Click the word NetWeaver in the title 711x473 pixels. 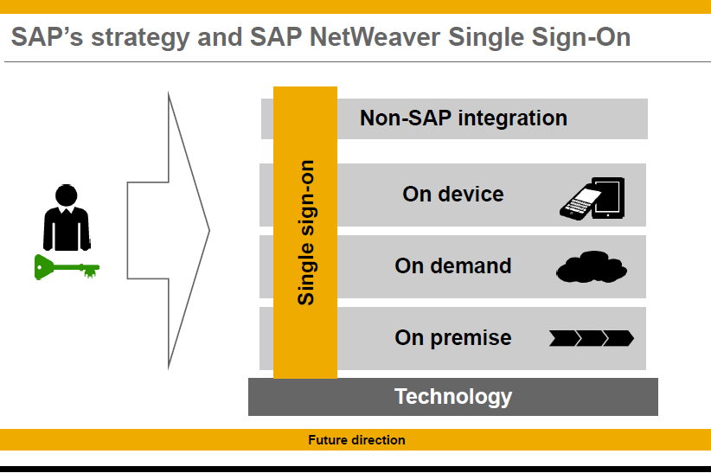(374, 36)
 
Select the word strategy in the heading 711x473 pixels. (140, 38)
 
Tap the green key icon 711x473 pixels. (67, 267)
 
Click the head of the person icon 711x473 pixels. (67, 195)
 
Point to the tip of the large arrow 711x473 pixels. (209, 230)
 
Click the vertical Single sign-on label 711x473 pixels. (305, 233)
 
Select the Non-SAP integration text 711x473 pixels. (464, 118)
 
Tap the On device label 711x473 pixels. (453, 194)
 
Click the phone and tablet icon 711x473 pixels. (592, 199)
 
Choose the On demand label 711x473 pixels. (453, 265)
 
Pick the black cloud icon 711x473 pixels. (592, 266)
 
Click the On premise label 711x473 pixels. (453, 338)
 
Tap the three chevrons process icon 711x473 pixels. (592, 338)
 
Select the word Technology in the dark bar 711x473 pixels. (453, 397)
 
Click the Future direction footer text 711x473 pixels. (356, 440)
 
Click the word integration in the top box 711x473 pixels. (512, 118)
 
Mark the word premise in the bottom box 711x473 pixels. (471, 338)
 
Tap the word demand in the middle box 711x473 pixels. (471, 265)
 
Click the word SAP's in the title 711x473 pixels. (48, 36)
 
